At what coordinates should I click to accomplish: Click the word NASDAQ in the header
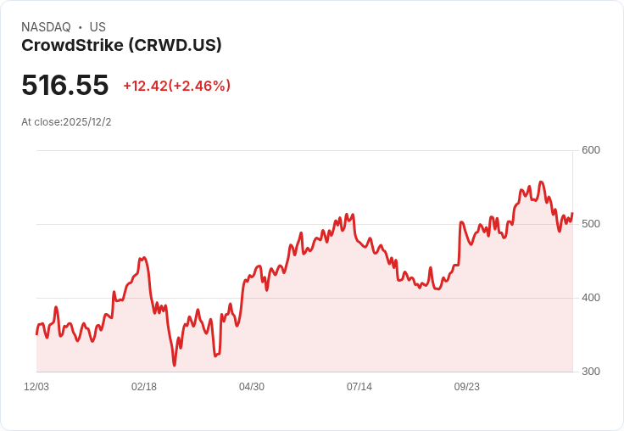point(46,27)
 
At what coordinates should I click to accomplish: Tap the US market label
point(97,27)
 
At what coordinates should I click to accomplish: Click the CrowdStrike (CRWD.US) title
point(121,46)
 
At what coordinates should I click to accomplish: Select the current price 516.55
point(65,86)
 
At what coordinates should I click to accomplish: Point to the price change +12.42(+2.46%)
point(176,86)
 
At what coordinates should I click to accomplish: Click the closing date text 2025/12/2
point(87,122)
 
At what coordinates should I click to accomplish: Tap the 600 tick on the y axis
point(591,150)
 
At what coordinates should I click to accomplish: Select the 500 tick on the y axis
point(591,224)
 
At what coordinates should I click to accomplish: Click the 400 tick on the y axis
point(591,298)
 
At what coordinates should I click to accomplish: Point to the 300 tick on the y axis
point(591,372)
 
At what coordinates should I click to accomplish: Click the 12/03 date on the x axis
point(36,387)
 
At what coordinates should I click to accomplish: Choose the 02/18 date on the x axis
point(144,387)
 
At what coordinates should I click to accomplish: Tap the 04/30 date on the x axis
point(252,387)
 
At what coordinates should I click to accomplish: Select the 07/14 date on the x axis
point(359,387)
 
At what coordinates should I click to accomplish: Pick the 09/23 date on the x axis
point(467,387)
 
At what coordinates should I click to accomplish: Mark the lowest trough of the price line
point(175,366)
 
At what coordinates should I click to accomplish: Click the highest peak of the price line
point(541,182)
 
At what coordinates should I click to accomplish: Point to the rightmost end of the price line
point(572,214)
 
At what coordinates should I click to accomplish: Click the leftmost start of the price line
point(36,334)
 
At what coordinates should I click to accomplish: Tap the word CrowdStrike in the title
point(71,46)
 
